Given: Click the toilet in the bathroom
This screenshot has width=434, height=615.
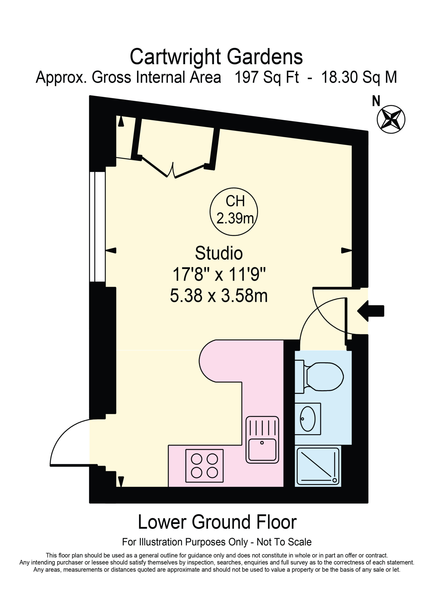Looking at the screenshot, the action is (x=319, y=377).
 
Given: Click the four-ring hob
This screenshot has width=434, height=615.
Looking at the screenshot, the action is (x=204, y=466).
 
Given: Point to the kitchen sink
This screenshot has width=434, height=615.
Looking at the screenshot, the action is (x=262, y=440).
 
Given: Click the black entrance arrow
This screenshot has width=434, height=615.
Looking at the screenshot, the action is (x=371, y=311).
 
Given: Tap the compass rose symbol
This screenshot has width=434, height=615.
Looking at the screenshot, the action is (x=391, y=119).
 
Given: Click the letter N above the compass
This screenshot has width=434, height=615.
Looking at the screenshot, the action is (x=376, y=101).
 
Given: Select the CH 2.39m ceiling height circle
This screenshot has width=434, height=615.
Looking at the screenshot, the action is (x=234, y=212).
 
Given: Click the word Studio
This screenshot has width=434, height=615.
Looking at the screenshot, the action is (x=219, y=253).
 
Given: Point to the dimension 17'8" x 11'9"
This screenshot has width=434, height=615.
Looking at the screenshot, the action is (x=219, y=274).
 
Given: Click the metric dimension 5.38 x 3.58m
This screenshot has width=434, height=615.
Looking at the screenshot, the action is (x=219, y=296).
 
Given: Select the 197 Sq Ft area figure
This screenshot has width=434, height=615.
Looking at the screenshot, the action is (x=267, y=77).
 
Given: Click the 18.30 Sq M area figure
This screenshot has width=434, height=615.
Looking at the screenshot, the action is (x=359, y=77).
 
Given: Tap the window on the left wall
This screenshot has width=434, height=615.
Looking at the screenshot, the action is (x=97, y=227).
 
